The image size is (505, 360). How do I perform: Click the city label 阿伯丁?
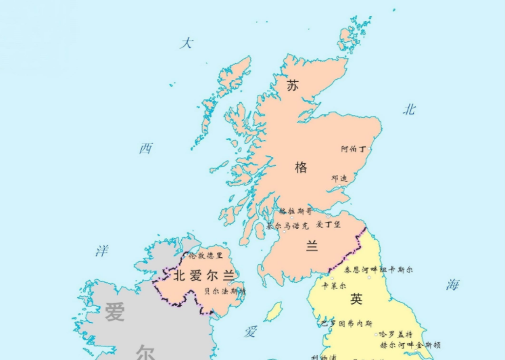[353, 148]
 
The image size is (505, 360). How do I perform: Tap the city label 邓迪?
[339, 178]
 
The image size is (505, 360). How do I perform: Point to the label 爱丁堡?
[329, 224]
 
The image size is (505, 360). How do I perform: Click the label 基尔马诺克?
[287, 225]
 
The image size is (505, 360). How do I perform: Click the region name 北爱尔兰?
[203, 275]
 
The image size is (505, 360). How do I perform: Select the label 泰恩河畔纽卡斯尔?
[378, 269]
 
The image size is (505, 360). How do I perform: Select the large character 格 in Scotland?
[301, 167]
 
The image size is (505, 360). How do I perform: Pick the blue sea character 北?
[409, 110]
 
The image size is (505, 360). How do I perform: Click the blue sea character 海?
[452, 285]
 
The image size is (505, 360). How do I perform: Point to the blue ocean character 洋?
[101, 252]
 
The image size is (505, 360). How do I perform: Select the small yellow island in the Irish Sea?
[272, 312]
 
